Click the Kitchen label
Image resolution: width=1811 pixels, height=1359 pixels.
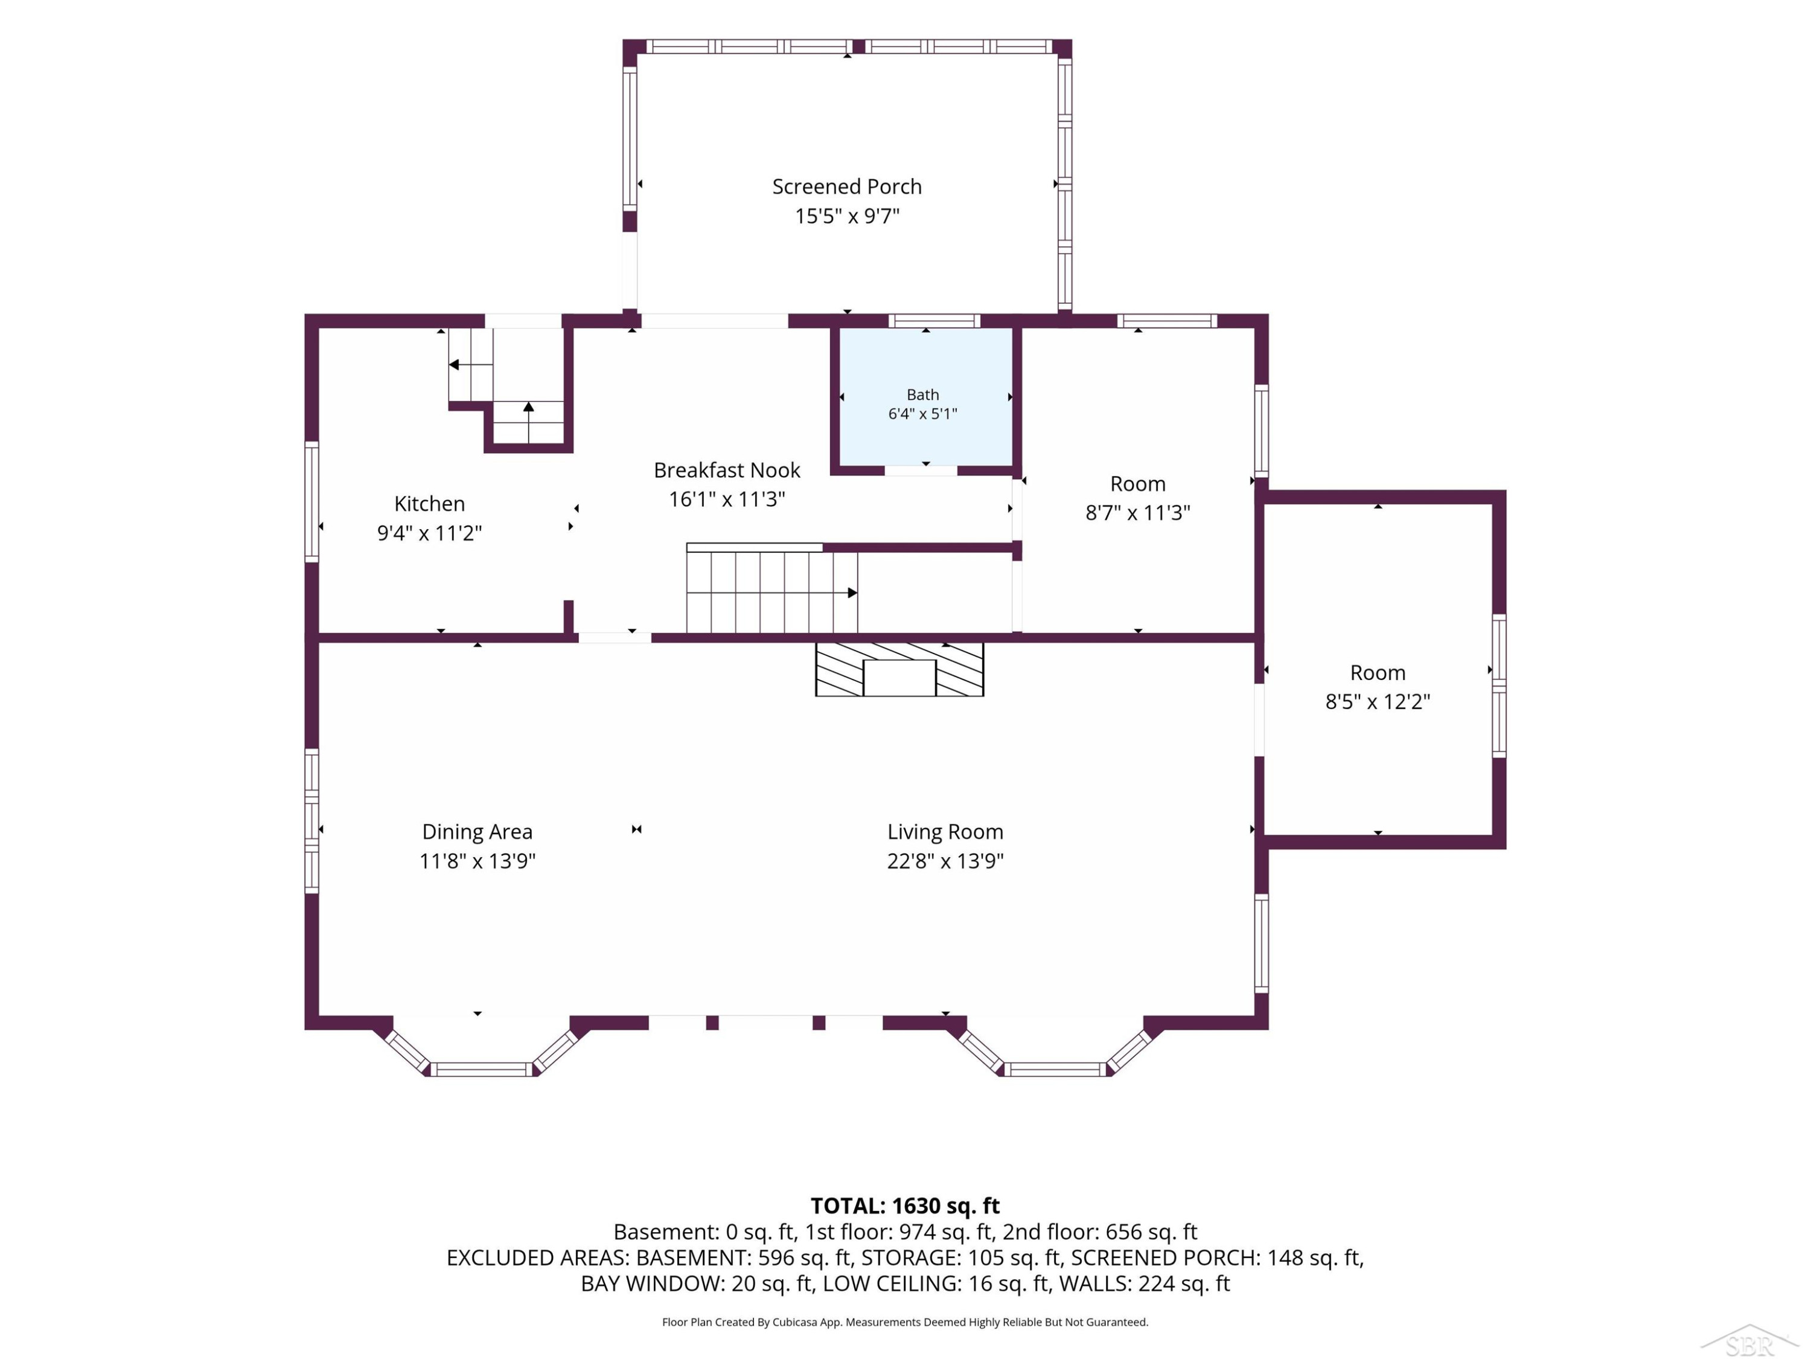click(x=429, y=504)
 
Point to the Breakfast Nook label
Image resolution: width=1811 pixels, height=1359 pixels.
click(x=727, y=470)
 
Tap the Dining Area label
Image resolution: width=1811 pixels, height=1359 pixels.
click(x=478, y=832)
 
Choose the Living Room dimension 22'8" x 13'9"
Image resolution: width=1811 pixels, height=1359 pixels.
click(x=945, y=861)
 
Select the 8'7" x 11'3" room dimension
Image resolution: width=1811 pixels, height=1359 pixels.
click(x=1137, y=513)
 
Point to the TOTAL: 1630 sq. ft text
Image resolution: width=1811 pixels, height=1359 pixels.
click(x=905, y=1206)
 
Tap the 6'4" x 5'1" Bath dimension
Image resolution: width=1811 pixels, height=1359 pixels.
click(x=922, y=414)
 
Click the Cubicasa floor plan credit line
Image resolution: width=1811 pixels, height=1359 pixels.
click(x=905, y=1322)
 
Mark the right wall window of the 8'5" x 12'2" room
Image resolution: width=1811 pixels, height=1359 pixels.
click(x=1498, y=686)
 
